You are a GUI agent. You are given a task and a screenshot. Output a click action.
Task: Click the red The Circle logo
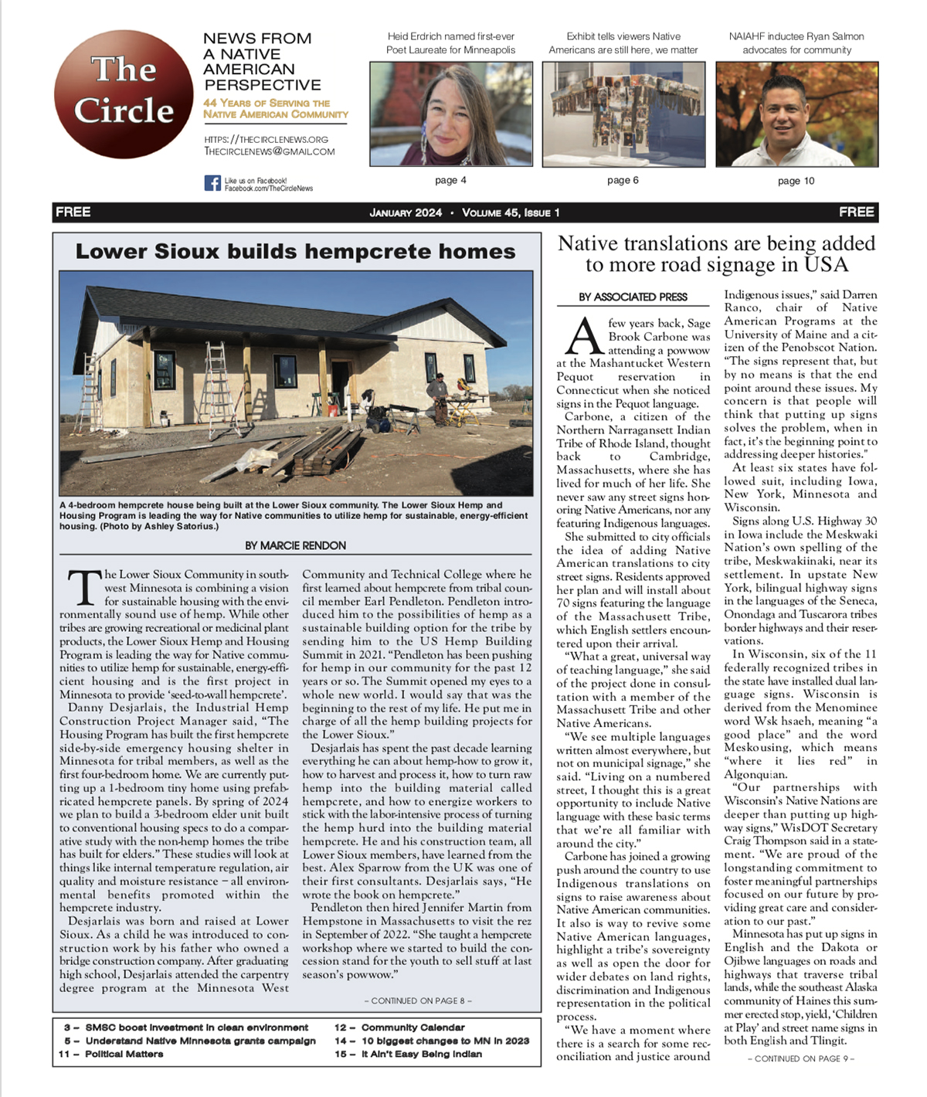coord(124,93)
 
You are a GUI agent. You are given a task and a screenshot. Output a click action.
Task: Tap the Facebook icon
coord(212,183)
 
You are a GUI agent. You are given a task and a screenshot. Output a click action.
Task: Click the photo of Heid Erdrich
coord(450,114)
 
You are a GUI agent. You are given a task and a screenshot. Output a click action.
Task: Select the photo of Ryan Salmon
coord(796,114)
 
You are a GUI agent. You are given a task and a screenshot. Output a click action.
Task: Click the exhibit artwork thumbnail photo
coord(623,114)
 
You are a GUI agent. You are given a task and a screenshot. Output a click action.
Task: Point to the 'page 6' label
coord(623,180)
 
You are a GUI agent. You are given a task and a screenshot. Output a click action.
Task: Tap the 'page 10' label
coord(796,181)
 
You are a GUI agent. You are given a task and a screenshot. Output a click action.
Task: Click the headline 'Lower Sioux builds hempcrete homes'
coord(295,252)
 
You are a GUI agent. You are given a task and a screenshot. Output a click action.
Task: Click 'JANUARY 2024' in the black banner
coord(406,212)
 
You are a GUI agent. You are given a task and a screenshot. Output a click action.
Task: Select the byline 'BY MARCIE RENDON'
coord(295,545)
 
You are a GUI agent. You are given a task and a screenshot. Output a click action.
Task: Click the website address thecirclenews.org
coord(266,140)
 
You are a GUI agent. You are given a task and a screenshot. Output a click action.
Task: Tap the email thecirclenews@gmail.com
coord(269,151)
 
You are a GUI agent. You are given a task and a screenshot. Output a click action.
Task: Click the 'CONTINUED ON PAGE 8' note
coord(418,1000)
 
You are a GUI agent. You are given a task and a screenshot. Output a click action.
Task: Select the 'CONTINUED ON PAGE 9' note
coord(801,1058)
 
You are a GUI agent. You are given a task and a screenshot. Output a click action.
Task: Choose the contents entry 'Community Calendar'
coord(413,1027)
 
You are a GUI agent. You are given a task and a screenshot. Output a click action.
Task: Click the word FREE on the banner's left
coord(73,212)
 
